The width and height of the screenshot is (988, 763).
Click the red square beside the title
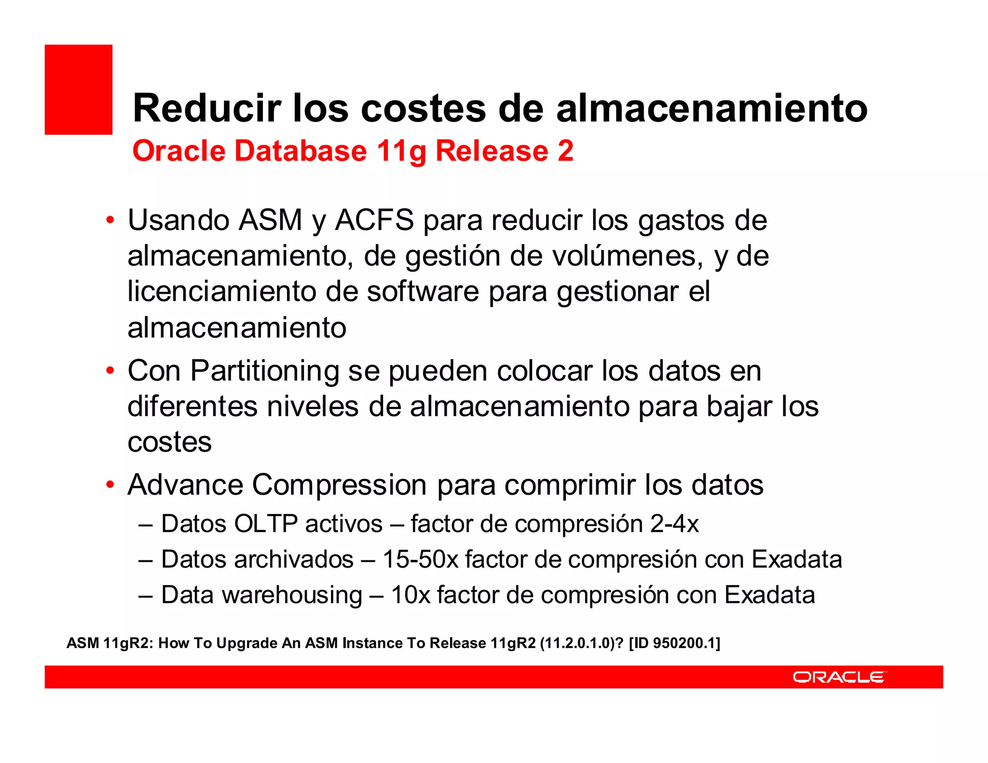pyautogui.click(x=78, y=89)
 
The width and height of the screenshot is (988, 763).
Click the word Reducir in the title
pyautogui.click(x=206, y=108)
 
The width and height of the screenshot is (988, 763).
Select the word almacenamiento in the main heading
pyautogui.click(x=712, y=108)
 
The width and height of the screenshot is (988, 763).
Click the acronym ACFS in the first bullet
pyautogui.click(x=374, y=220)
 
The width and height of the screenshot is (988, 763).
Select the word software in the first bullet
pyautogui.click(x=423, y=291)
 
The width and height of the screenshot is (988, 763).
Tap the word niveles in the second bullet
pyautogui.click(x=313, y=406)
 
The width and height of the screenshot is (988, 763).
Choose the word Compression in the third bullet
pyautogui.click(x=339, y=484)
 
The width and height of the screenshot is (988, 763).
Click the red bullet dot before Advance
pyautogui.click(x=110, y=484)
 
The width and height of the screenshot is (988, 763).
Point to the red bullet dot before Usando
pyautogui.click(x=110, y=220)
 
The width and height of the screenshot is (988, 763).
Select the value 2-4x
pyautogui.click(x=674, y=524)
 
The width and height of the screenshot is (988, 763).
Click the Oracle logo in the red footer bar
pyautogui.click(x=839, y=677)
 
